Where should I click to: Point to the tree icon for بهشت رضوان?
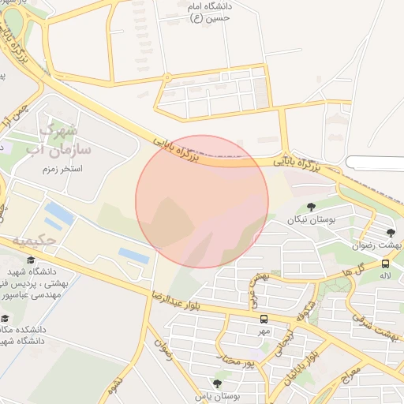click(x=391, y=232)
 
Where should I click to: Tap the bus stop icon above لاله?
click(x=385, y=264)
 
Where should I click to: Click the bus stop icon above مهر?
click(x=264, y=320)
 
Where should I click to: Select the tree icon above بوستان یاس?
click(x=218, y=383)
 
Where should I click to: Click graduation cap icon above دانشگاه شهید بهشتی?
click(x=31, y=260)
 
